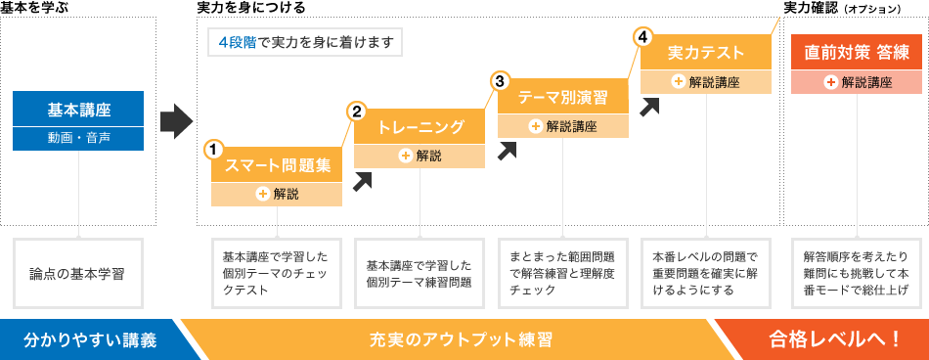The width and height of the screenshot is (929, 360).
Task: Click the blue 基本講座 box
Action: click(x=78, y=109)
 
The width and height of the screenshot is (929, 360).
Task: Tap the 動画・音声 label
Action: click(x=78, y=139)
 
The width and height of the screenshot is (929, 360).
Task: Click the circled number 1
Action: click(x=213, y=150)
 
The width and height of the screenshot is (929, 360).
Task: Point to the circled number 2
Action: click(x=356, y=112)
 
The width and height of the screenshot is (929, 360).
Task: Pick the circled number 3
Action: click(x=500, y=81)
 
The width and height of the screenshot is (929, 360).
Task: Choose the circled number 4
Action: click(x=642, y=37)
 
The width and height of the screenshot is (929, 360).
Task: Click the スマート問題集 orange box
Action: click(x=278, y=165)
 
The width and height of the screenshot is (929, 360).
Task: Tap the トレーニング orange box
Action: click(x=420, y=127)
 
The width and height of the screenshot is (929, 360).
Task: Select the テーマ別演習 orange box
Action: click(x=563, y=97)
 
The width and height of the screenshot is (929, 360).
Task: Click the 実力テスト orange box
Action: click(x=706, y=53)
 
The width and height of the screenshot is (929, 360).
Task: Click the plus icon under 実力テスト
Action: click(x=678, y=82)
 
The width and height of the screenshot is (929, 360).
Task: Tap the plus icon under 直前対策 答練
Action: click(x=830, y=82)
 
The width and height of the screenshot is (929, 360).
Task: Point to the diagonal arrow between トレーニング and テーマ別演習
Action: click(x=507, y=150)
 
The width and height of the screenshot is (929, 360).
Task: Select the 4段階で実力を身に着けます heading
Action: click(x=304, y=43)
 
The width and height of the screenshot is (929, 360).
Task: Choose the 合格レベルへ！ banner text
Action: click(x=834, y=339)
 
